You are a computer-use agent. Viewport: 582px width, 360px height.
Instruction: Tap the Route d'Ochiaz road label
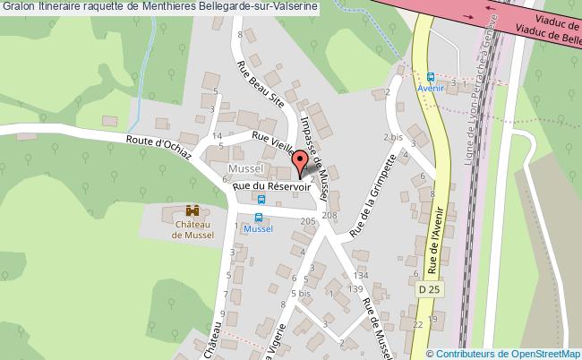(158, 147)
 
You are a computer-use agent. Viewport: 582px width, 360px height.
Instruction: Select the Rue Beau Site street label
(260, 83)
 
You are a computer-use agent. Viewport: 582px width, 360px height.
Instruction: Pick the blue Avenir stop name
(432, 89)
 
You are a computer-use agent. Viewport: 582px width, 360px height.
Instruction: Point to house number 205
(308, 219)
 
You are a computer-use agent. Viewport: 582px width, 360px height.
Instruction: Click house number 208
(330, 215)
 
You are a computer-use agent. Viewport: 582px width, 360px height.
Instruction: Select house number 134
(362, 275)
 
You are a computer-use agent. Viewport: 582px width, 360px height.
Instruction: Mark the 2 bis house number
(392, 137)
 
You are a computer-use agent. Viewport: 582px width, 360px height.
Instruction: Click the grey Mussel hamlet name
(244, 168)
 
